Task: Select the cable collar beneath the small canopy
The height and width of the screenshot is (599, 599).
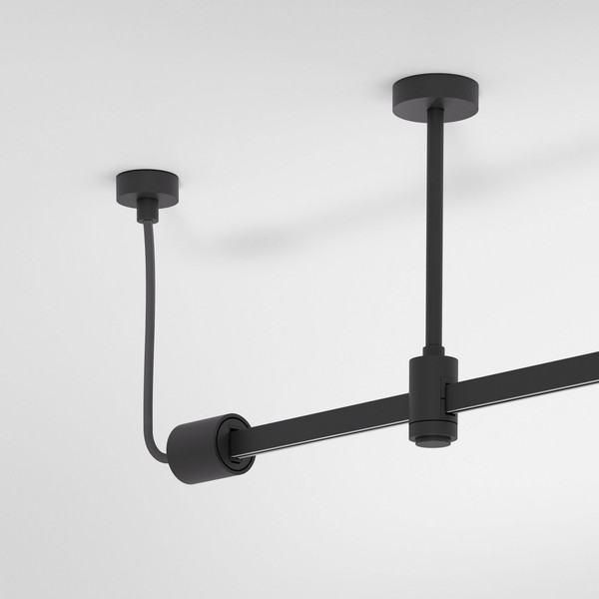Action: [x=148, y=208]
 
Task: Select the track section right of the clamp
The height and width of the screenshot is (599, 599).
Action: [x=529, y=369]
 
